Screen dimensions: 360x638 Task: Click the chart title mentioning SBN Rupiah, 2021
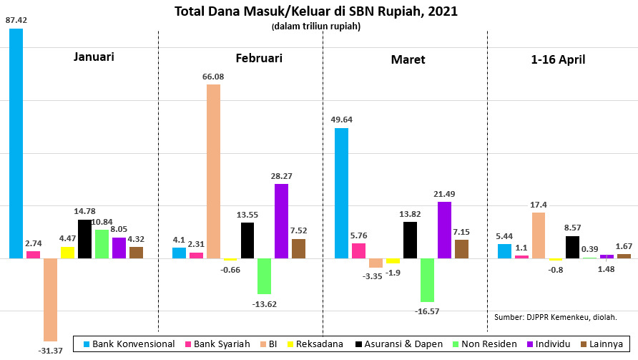pos(316,11)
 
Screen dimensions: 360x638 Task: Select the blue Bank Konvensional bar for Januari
pos(16,143)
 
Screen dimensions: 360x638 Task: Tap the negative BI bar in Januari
pos(50,299)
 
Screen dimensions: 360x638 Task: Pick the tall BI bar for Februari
pos(213,171)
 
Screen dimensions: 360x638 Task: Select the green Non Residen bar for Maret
pos(428,280)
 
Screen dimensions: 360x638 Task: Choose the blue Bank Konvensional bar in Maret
pos(341,193)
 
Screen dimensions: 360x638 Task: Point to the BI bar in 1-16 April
pos(538,235)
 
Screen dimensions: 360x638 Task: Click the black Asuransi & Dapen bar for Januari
pos(84,238)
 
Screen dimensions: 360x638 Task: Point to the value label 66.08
pos(213,77)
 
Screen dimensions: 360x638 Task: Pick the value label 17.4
pos(538,205)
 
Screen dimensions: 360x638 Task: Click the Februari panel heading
pos(258,58)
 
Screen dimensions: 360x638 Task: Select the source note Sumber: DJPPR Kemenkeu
pos(555,316)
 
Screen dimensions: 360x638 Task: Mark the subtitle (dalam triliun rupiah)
pos(315,26)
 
